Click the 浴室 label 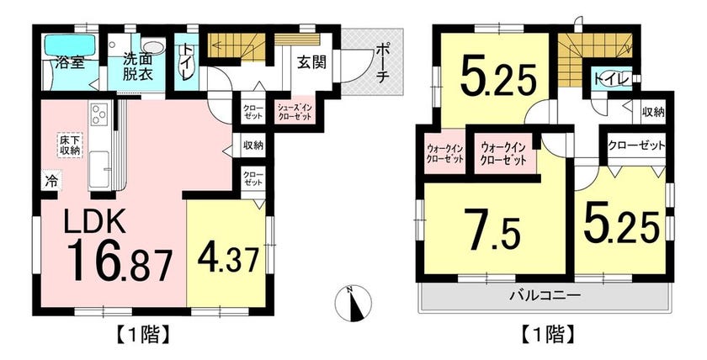[x=69, y=62]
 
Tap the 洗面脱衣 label [x=137, y=66]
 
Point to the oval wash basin [x=154, y=47]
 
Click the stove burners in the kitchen [x=99, y=114]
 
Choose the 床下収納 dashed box [x=69, y=145]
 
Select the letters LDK [x=94, y=222]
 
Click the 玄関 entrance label [x=311, y=63]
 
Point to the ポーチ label [x=381, y=64]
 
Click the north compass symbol [x=354, y=304]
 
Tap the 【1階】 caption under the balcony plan [x=547, y=335]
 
